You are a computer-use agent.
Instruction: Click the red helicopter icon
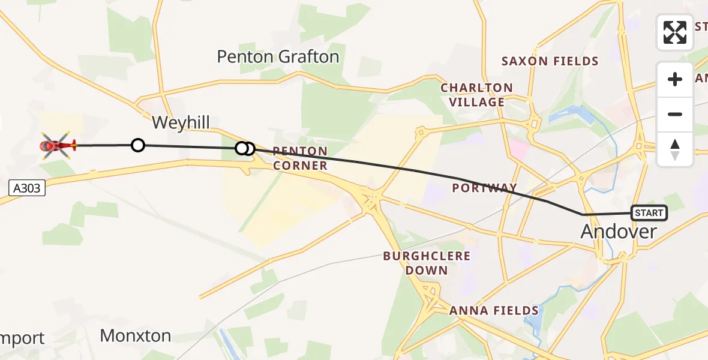click(x=58, y=145)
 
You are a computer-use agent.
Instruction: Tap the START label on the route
click(x=649, y=213)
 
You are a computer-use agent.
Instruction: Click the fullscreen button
click(x=675, y=32)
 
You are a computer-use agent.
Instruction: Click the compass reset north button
click(x=675, y=149)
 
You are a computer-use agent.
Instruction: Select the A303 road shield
click(x=27, y=188)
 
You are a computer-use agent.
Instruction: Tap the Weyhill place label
click(x=181, y=123)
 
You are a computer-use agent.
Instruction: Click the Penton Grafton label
click(x=278, y=57)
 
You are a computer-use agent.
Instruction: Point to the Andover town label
click(x=619, y=232)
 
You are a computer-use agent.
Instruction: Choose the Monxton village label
click(x=135, y=335)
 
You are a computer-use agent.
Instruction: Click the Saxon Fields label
click(x=550, y=61)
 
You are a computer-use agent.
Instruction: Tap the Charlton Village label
click(x=477, y=95)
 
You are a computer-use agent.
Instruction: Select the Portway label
click(x=485, y=188)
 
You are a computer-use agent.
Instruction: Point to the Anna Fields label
click(x=494, y=310)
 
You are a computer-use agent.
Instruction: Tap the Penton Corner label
click(x=300, y=158)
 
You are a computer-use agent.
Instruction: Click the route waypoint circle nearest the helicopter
click(x=138, y=145)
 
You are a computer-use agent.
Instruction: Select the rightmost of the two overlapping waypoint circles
click(x=249, y=148)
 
